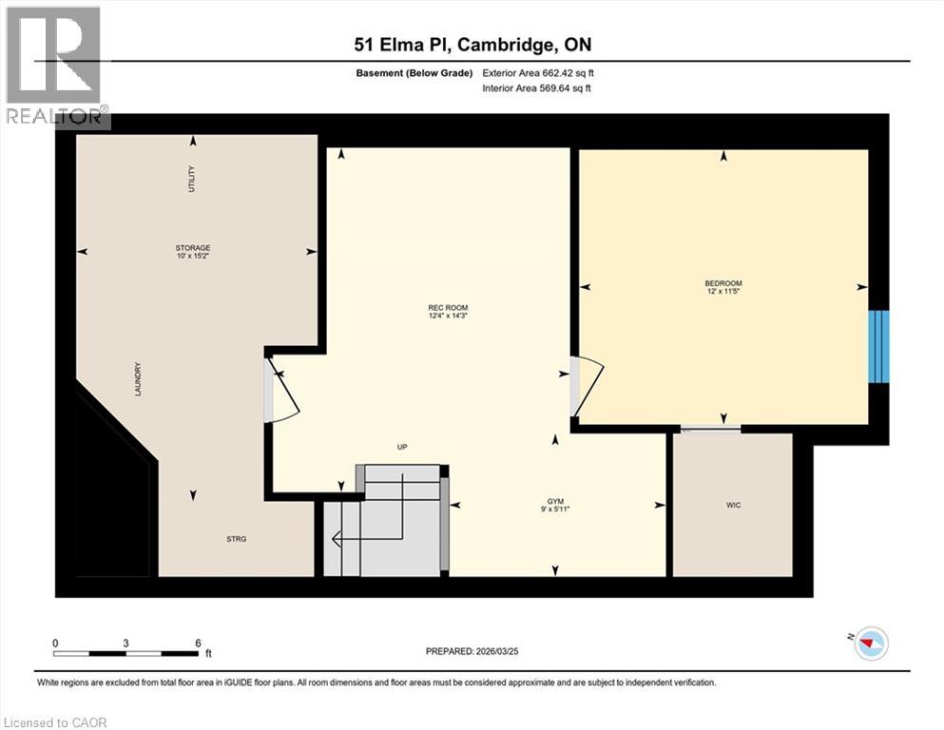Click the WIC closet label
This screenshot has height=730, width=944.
tap(732, 505)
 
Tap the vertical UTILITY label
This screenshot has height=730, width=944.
tap(191, 180)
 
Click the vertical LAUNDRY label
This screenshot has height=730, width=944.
tap(138, 378)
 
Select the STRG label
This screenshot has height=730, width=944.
tap(237, 539)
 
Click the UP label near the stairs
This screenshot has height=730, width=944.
tap(402, 447)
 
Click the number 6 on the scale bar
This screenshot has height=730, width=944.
tap(198, 643)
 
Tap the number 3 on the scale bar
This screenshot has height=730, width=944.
tap(125, 643)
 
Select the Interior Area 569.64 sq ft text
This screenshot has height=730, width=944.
tap(537, 88)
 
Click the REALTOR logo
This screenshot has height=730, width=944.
tap(55, 67)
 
